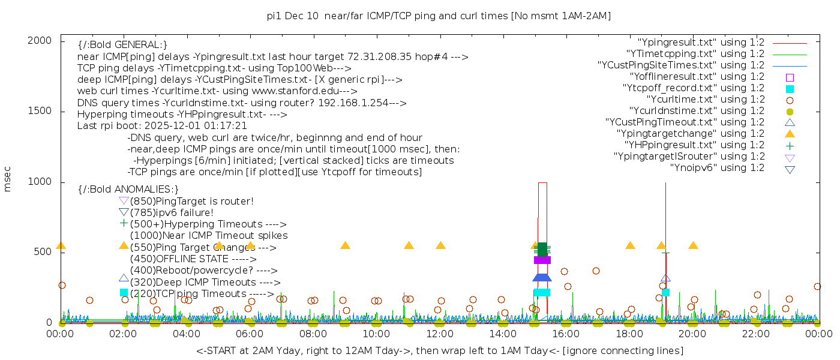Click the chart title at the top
pos(439,16)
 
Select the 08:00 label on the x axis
pos(313,334)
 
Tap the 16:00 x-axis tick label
pos(566,334)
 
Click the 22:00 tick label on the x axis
pos(755,334)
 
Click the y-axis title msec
pos(8,181)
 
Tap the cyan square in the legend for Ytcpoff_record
pos(790,89)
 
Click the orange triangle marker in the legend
pos(790,134)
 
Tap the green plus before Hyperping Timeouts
pos(124,224)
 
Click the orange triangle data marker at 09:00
pos(345,245)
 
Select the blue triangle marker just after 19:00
pos(665,278)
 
